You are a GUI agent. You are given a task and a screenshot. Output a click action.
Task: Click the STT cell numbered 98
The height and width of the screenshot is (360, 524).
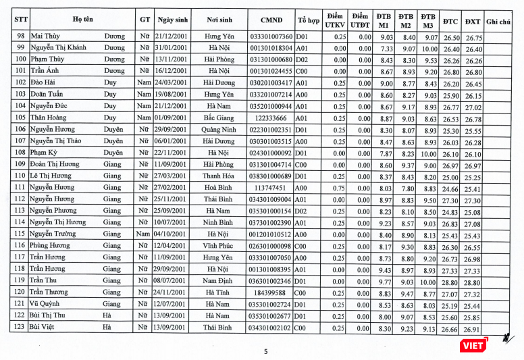coord(20,37)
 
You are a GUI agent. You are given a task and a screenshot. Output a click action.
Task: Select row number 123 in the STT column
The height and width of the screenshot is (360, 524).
coord(20,328)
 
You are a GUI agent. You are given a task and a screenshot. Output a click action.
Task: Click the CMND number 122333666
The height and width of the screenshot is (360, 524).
coord(271,118)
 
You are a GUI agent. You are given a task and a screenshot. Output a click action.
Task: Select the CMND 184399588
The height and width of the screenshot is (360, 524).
coord(271,293)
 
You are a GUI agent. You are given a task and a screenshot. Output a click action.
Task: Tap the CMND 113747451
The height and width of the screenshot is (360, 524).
coord(271,188)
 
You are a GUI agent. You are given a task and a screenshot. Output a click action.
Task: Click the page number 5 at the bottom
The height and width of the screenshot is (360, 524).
coord(265,351)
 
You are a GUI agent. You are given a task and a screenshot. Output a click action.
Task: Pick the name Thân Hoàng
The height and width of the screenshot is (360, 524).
coord(49,118)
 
